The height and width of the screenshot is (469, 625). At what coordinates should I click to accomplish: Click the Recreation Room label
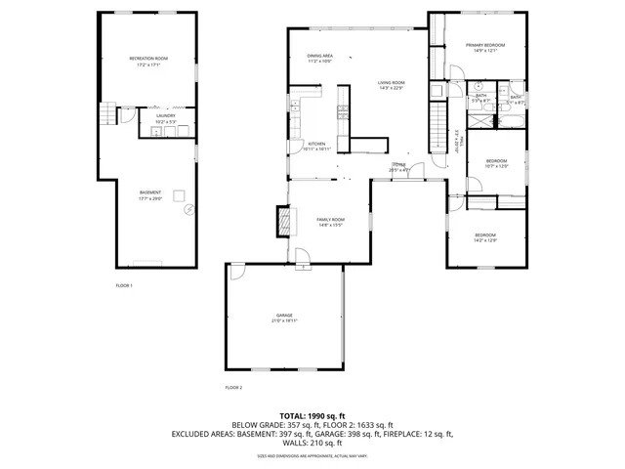[x=149, y=59]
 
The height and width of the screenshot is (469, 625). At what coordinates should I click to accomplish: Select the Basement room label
[x=149, y=192]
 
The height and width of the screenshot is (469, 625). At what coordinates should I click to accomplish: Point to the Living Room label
[x=392, y=84]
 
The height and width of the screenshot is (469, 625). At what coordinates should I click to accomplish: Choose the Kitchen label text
[x=317, y=144]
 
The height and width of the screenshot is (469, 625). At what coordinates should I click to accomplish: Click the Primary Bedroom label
[x=484, y=45]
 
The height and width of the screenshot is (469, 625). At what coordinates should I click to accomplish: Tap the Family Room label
[x=330, y=220]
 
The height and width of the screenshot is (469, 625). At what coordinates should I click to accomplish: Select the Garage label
[x=283, y=315]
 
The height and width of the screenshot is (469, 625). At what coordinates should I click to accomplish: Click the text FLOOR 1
[x=124, y=285]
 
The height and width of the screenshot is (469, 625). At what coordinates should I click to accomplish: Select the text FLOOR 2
[x=233, y=388]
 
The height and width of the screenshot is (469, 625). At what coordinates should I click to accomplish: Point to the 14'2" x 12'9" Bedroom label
[x=485, y=235]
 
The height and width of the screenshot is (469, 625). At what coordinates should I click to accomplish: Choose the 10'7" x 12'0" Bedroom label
[x=497, y=161]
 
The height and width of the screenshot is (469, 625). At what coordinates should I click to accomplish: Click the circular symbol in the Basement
[x=188, y=206]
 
